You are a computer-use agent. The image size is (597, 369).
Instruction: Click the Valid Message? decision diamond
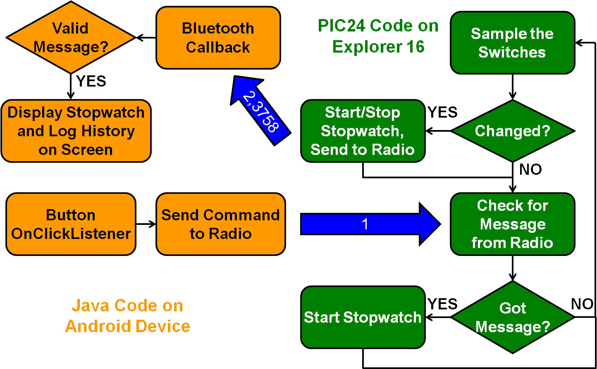coord(71,37)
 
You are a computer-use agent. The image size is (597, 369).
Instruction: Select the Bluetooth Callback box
coord(218,38)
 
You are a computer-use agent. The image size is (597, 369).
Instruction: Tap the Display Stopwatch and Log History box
coord(76,131)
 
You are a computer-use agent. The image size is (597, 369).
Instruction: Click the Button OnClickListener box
coord(71,224)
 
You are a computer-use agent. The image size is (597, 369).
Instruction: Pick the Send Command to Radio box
coord(221,224)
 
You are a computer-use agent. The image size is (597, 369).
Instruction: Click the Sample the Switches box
coord(513,43)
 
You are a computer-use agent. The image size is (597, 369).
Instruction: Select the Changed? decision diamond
coord(513,131)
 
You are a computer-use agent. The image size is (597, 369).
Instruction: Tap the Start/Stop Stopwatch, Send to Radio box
coord(363,131)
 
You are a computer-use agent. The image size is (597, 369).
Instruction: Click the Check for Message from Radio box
coord(513,224)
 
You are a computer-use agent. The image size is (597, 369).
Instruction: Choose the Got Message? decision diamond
coord(513,317)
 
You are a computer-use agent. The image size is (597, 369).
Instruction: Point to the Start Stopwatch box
coord(363,317)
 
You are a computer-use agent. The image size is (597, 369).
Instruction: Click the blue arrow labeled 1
coord(370,224)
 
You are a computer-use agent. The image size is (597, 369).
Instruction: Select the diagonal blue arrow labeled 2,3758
coord(260,111)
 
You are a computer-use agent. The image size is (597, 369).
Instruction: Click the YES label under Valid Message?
coord(91,81)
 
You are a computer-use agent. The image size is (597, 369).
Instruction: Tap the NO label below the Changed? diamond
coord(530,169)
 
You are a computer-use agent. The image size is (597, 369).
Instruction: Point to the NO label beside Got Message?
coord(582,304)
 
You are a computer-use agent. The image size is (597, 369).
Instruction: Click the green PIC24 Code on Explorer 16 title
coord(378,36)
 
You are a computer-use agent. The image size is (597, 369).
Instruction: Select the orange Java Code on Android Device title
coord(128,316)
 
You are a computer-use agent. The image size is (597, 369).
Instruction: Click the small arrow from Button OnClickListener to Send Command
coord(146,224)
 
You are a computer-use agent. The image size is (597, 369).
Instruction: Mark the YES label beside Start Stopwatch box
coord(443,304)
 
